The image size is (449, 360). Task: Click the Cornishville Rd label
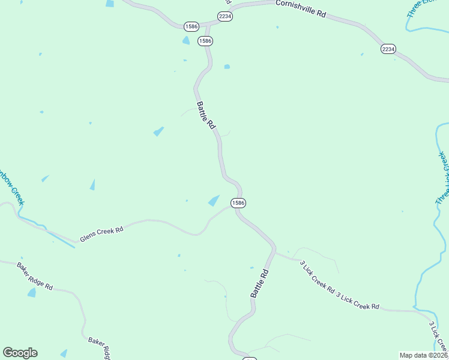pos(300,8)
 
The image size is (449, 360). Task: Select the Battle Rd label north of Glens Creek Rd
pos(206,115)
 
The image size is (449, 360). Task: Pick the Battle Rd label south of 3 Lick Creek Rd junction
pos(259,284)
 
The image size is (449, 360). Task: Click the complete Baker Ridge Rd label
pos(35,276)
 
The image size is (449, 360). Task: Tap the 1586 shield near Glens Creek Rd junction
pos(238,203)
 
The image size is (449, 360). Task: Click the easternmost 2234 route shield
pos(388,49)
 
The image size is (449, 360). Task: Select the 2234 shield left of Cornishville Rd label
pos(225,17)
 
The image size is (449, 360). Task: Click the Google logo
pos(20,353)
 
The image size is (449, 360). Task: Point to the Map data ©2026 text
pos(423,355)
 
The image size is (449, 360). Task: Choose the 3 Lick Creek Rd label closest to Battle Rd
pos(317,276)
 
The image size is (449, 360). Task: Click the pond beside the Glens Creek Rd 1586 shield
pos(214,201)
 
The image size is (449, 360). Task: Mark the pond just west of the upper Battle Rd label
pos(158,131)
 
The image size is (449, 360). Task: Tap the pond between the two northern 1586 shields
pos(186,40)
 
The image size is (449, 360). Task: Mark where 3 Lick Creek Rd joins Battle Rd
pos(275,253)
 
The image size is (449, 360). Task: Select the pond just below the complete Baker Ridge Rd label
pos(31,292)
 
